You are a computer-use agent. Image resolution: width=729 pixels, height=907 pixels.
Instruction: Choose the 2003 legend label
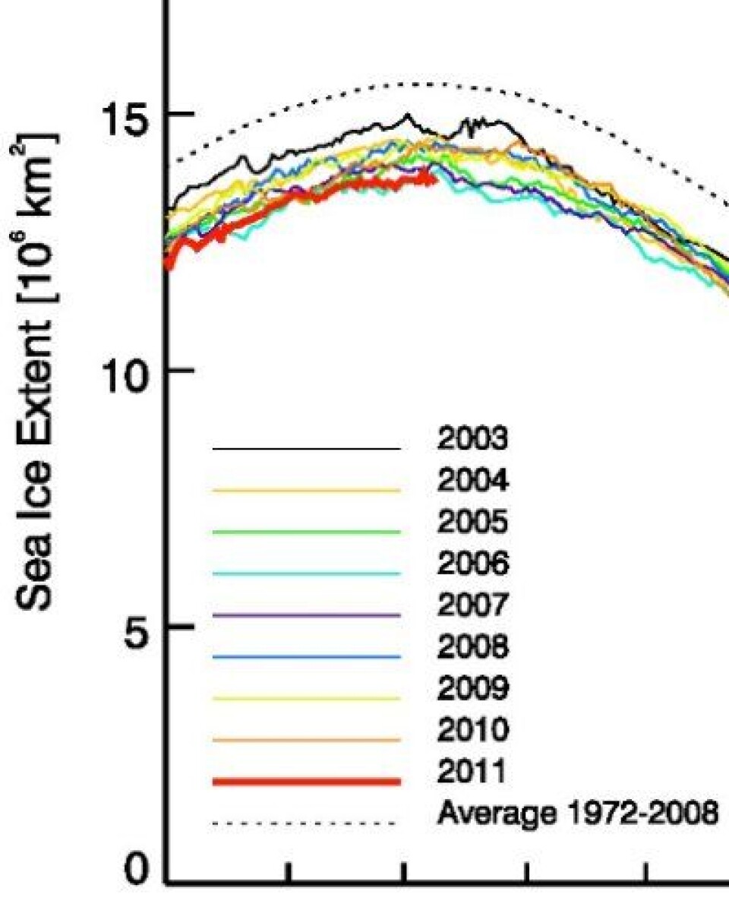(x=472, y=440)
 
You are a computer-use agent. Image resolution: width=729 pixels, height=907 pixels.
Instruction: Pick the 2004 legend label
(x=472, y=482)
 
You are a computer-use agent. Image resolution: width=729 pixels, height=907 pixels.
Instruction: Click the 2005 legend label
(x=472, y=523)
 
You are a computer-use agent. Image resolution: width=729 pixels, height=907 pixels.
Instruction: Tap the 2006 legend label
(x=472, y=564)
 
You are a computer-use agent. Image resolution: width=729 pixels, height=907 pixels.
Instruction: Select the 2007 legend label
(x=472, y=606)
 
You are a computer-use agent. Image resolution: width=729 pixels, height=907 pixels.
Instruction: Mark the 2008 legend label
(x=472, y=648)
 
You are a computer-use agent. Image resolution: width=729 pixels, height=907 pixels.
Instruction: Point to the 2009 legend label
(x=472, y=689)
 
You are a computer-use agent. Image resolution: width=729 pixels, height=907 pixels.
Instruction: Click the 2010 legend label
(x=472, y=731)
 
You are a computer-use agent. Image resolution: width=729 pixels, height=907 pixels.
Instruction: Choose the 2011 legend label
(x=472, y=773)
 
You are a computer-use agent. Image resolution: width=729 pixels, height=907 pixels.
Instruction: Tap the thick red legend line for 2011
(x=306, y=782)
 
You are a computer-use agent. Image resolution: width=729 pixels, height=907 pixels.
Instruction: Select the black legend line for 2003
(x=306, y=449)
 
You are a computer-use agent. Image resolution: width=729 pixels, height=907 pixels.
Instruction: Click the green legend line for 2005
(x=306, y=533)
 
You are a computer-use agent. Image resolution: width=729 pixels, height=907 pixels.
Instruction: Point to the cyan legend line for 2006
(x=306, y=574)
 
